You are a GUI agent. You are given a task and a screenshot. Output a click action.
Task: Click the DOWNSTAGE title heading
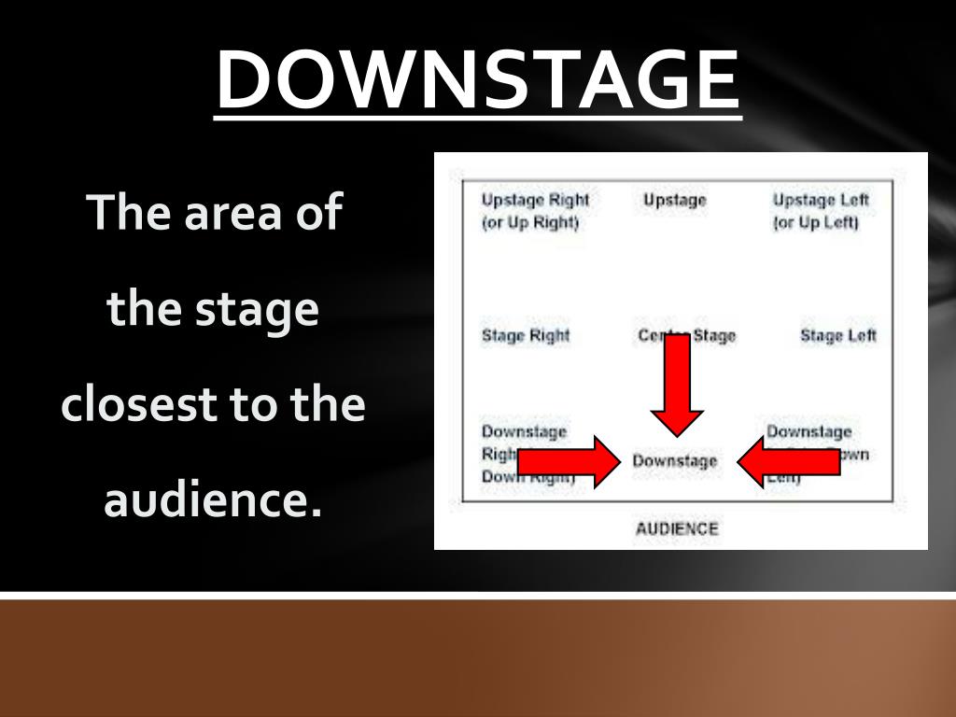click(x=478, y=80)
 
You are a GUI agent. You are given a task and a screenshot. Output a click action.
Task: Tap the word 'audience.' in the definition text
click(x=213, y=500)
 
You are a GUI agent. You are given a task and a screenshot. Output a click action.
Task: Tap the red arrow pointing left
click(x=789, y=461)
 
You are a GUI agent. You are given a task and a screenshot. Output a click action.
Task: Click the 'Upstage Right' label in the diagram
click(x=535, y=200)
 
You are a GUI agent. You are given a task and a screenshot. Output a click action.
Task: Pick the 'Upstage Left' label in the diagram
click(x=821, y=200)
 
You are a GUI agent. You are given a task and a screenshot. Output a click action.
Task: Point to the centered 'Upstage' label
click(x=674, y=200)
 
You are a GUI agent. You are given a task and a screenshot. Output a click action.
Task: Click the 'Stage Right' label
click(x=526, y=336)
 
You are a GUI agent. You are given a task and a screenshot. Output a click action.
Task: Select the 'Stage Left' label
click(x=837, y=336)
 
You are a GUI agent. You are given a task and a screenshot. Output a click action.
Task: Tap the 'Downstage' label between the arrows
click(x=675, y=461)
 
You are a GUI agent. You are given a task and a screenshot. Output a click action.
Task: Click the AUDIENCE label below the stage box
click(x=677, y=529)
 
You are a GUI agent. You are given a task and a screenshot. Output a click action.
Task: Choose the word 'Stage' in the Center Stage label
click(x=714, y=336)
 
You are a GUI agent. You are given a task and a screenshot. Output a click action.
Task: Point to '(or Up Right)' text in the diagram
click(x=530, y=223)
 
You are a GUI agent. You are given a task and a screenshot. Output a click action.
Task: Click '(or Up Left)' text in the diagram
click(x=816, y=223)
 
